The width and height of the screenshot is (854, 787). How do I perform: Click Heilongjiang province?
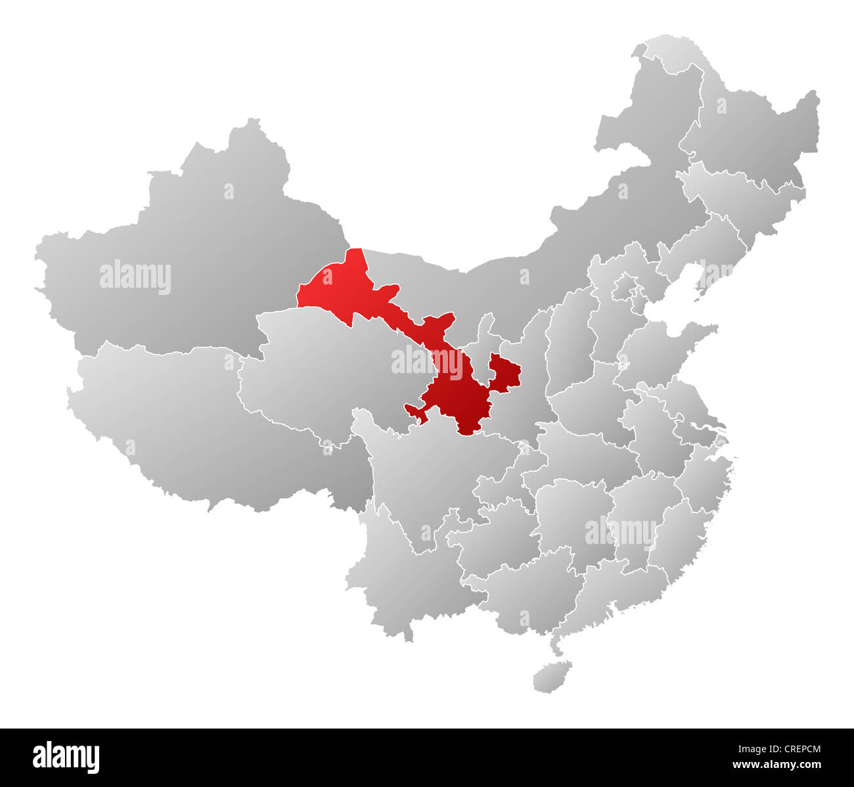pyautogui.click(x=755, y=131)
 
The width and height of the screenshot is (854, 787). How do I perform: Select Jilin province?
pyautogui.click(x=742, y=191)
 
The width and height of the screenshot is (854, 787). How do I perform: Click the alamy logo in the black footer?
pyautogui.click(x=66, y=757)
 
